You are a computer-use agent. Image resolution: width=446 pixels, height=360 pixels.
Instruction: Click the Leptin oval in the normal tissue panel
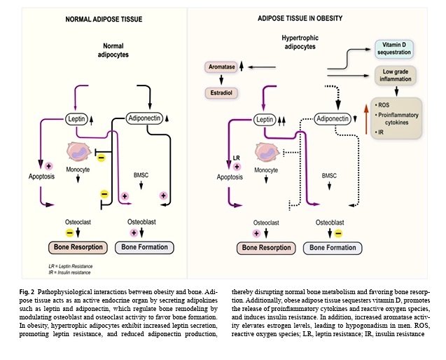(76, 120)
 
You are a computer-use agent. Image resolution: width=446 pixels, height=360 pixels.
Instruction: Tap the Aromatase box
(221, 67)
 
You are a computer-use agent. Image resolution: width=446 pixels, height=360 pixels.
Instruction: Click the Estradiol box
(221, 92)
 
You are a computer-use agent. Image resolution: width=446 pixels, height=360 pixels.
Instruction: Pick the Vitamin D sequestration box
(396, 48)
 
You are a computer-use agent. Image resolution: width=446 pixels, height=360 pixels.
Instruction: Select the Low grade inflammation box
(396, 75)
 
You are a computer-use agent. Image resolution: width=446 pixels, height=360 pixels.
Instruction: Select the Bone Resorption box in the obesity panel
(257, 247)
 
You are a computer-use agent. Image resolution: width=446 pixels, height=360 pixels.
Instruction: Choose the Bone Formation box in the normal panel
(147, 247)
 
